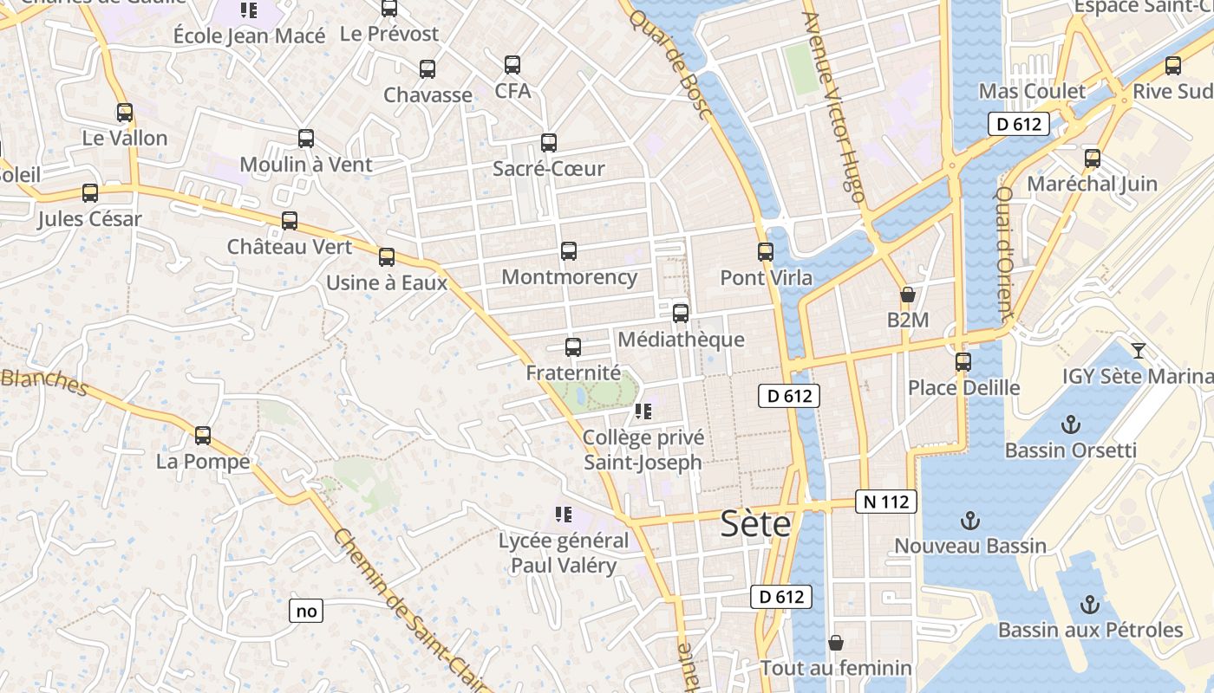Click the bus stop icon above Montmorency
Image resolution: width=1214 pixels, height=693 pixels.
pos(569,251)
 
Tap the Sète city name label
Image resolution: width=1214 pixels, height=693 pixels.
pos(756,524)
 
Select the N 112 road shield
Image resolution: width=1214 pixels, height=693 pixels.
pos(886,501)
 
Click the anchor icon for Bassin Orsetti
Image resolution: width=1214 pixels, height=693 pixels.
pos(1071,424)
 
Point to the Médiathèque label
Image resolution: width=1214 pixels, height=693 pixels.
pos(681,339)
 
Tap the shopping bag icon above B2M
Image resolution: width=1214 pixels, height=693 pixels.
pos(908,295)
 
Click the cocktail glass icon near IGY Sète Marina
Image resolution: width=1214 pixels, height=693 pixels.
pos(1139,350)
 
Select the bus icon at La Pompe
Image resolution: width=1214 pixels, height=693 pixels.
pos(203,436)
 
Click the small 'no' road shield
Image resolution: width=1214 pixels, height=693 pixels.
pos(306,611)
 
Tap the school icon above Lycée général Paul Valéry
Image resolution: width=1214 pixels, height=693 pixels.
pos(564,515)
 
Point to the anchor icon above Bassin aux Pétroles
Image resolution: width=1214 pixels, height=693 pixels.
pos(1090,604)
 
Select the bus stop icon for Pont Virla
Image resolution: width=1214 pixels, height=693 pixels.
pos(766,252)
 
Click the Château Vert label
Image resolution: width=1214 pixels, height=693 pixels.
pos(290,247)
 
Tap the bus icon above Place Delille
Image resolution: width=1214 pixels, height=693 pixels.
pos(963,361)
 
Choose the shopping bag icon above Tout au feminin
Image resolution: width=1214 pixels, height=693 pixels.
pos(836,643)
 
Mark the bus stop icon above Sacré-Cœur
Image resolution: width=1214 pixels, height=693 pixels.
pos(549,143)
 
